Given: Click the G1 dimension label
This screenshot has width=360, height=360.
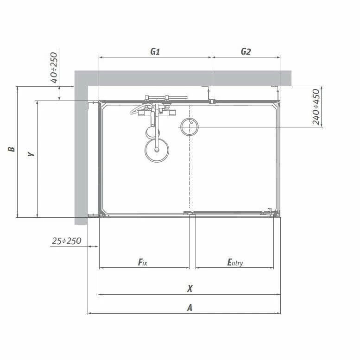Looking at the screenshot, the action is tap(155, 51).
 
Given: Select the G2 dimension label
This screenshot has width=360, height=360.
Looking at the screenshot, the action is tap(246, 51).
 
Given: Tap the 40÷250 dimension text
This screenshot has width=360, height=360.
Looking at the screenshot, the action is tap(54, 68).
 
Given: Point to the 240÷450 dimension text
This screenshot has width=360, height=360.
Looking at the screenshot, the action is tap(316, 107).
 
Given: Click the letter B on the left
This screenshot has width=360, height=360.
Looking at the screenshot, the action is tap(11, 149).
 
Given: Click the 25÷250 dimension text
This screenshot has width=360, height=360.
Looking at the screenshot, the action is tap(67, 241).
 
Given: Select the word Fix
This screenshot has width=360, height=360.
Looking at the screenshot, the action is tap(143, 262).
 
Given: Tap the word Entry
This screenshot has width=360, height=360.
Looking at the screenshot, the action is tap(235, 262).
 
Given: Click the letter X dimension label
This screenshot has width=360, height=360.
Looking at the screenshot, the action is tap(189, 288).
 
